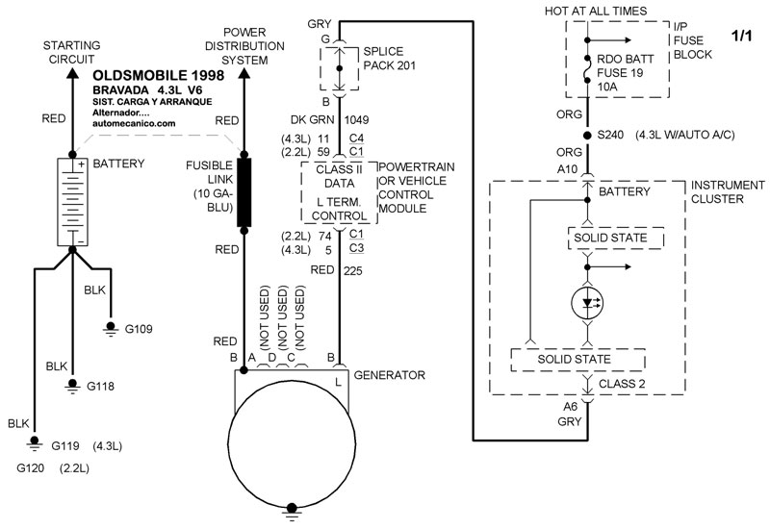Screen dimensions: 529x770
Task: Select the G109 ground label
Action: [x=137, y=329]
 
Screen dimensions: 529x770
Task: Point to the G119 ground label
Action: [x=64, y=446]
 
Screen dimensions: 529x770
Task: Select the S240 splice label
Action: [x=613, y=135]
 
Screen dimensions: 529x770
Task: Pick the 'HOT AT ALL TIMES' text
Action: [x=617, y=11]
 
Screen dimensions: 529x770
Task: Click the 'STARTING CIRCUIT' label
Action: [x=71, y=53]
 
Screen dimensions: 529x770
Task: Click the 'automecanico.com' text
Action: [x=134, y=123]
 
